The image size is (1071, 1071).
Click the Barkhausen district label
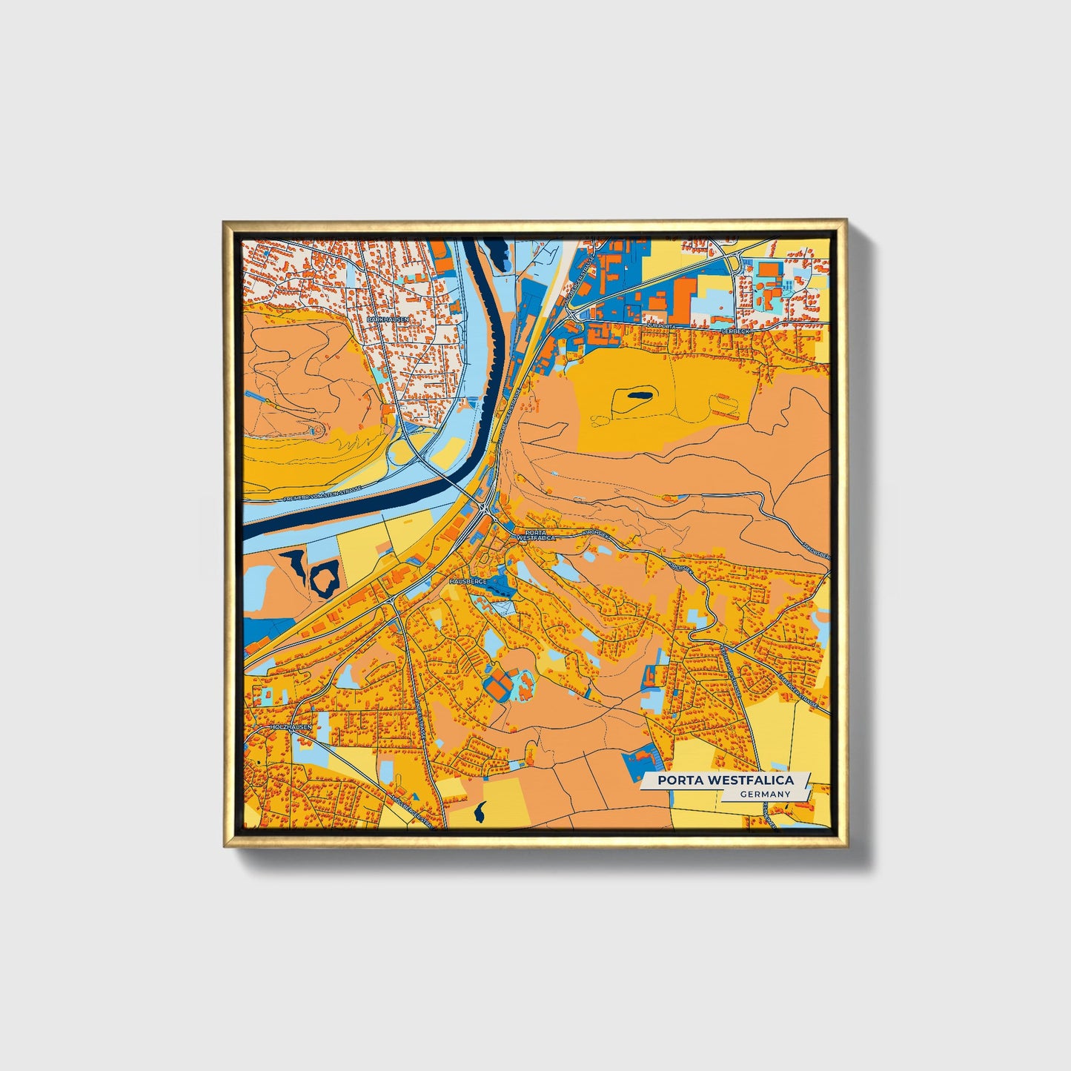coord(387,319)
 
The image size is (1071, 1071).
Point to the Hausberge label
coord(467,582)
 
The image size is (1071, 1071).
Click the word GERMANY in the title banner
coord(766,794)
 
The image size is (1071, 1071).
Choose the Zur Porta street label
coord(662,325)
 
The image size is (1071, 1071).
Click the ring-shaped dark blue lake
coord(325,577)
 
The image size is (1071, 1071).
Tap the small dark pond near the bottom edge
coord(480,812)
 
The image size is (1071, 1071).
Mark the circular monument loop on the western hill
coord(317,429)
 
